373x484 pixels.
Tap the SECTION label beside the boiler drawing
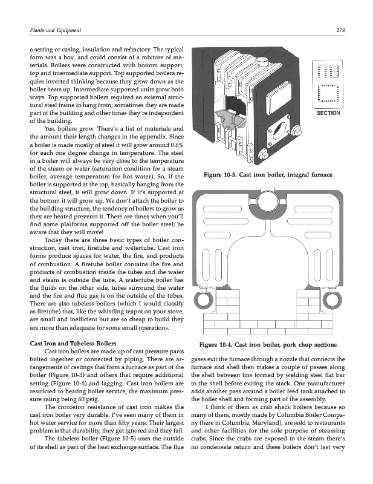329,113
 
